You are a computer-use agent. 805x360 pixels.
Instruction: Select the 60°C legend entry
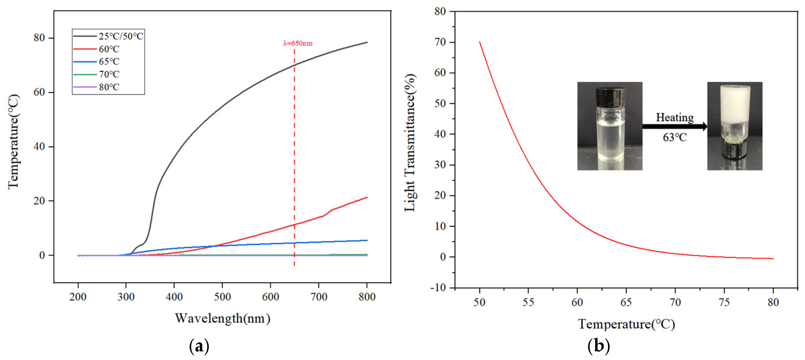coord(96,49)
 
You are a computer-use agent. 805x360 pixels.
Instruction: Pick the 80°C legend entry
coord(96,87)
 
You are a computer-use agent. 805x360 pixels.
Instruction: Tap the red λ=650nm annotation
coord(297,43)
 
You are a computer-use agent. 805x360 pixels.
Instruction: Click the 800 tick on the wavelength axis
coord(367,296)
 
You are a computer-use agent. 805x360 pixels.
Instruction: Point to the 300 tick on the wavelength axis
coord(126,296)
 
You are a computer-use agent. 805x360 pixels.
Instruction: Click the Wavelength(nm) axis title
coord(222,318)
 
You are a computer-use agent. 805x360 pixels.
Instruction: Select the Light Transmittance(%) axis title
coord(410,142)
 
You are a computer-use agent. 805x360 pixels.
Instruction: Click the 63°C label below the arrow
coord(675,137)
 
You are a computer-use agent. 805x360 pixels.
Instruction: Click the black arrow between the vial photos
coord(675,127)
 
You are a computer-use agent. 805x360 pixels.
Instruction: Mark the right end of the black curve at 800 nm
coord(367,42)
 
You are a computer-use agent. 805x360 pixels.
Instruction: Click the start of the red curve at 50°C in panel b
coord(479,42)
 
